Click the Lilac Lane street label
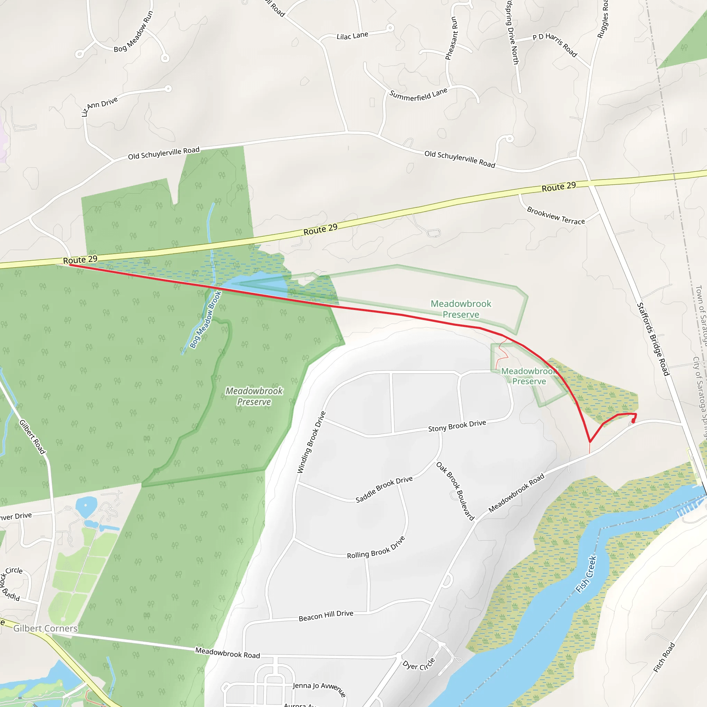point(352,36)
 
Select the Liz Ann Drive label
point(99,106)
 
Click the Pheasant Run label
point(451,38)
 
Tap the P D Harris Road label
point(555,45)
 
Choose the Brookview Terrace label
point(555,216)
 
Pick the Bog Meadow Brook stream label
point(206,319)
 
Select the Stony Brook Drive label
point(457,426)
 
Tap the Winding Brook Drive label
point(311,442)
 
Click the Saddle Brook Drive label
point(384,489)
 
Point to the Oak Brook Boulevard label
point(455,491)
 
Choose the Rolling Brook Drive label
point(376,548)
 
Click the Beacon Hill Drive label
point(326,616)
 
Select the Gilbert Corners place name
point(45,628)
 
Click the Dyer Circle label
point(419,664)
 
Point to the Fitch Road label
point(664,657)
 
